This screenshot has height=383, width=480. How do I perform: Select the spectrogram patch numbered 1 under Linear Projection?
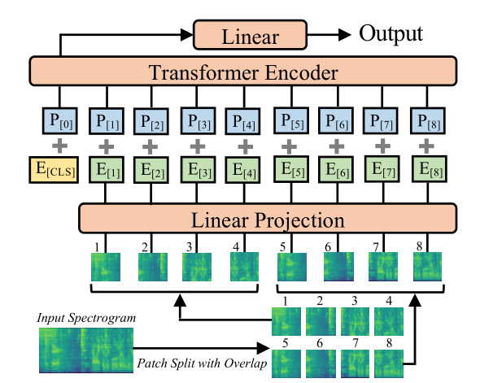pyautogui.click(x=105, y=267)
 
